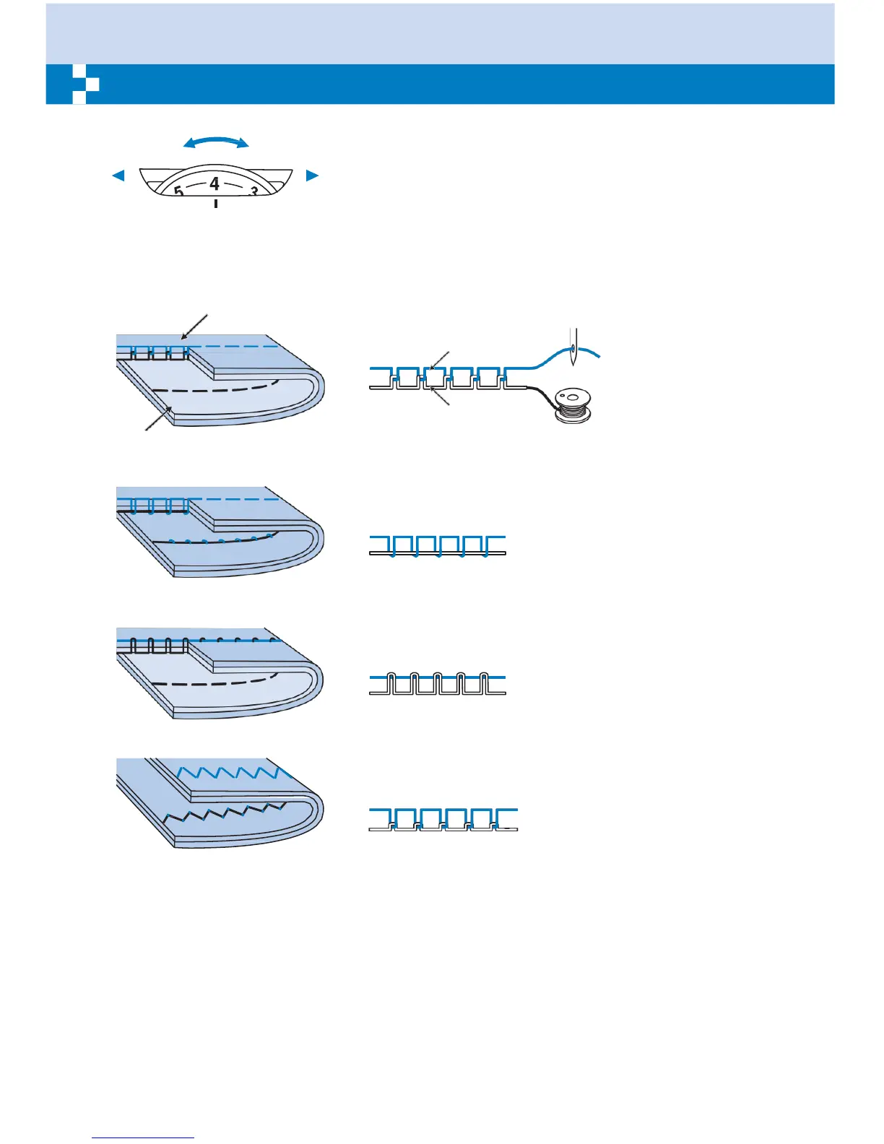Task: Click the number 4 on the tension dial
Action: click(214, 183)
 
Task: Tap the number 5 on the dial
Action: click(178, 192)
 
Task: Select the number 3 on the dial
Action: click(253, 192)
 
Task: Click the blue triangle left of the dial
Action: click(118, 175)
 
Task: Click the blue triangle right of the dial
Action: click(312, 175)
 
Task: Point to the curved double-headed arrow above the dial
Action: click(216, 142)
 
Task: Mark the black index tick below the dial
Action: click(215, 205)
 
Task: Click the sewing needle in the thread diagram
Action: click(573, 347)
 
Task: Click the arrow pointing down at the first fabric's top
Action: click(194, 326)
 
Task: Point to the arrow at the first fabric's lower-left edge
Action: click(159, 418)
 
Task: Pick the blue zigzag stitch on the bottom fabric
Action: click(230, 773)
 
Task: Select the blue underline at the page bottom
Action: click(143, 1137)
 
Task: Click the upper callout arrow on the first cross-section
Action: click(439, 360)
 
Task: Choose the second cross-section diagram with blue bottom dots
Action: click(437, 546)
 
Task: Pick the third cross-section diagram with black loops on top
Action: click(437, 683)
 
